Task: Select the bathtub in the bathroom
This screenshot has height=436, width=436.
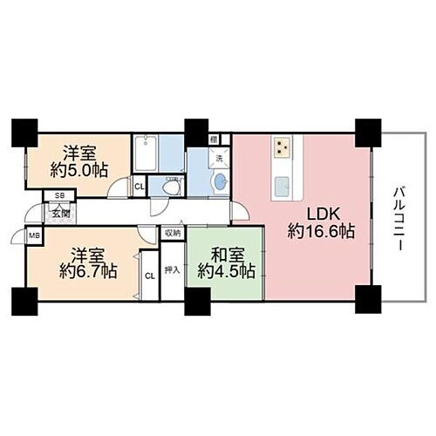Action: click(145, 155)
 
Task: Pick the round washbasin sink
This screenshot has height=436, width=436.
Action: click(218, 183)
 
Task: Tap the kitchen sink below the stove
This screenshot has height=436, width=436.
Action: click(283, 186)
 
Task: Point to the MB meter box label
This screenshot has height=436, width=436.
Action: click(35, 235)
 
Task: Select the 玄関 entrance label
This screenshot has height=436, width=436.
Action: click(59, 211)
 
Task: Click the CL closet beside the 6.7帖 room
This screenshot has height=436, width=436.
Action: click(149, 276)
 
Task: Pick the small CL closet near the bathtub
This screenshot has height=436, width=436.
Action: click(139, 185)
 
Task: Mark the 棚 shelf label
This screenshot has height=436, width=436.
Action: click(214, 139)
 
